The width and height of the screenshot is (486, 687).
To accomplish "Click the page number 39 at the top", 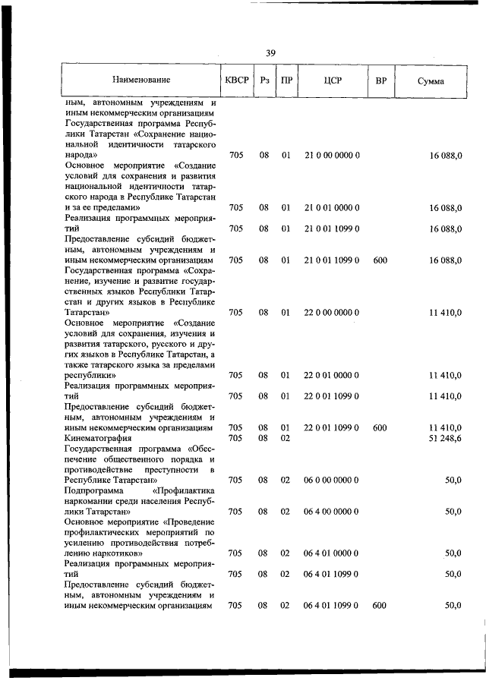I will coord(270,52).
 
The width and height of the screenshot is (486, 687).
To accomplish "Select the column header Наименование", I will coord(140,80).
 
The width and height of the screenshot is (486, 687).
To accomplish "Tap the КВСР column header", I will coord(235,80).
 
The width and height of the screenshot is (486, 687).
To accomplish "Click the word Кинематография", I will coord(99,438).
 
